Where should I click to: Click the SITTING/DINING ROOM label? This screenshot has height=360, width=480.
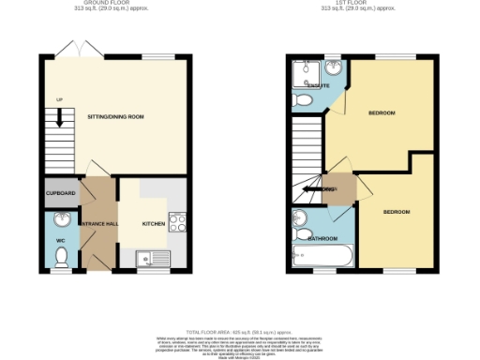115,117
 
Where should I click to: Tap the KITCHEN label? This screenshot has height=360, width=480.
153,225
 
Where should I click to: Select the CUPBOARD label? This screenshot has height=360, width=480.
59,195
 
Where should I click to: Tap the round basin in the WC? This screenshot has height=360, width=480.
60,220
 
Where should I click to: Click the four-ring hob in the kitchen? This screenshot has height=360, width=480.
175,223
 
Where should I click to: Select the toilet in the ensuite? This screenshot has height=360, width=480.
301,100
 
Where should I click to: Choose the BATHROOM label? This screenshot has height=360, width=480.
323,239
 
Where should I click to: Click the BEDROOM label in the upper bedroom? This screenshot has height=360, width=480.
381,113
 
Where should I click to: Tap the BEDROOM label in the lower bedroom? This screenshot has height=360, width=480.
397,212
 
